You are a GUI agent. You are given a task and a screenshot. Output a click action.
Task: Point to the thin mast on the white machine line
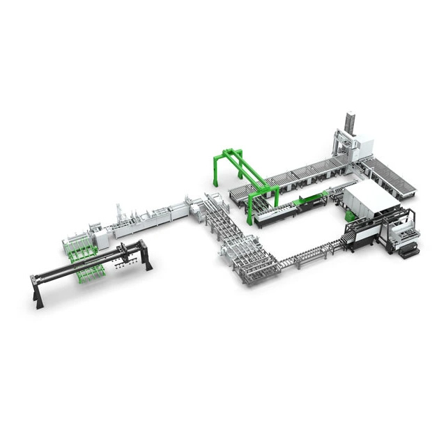coord(119,210)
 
